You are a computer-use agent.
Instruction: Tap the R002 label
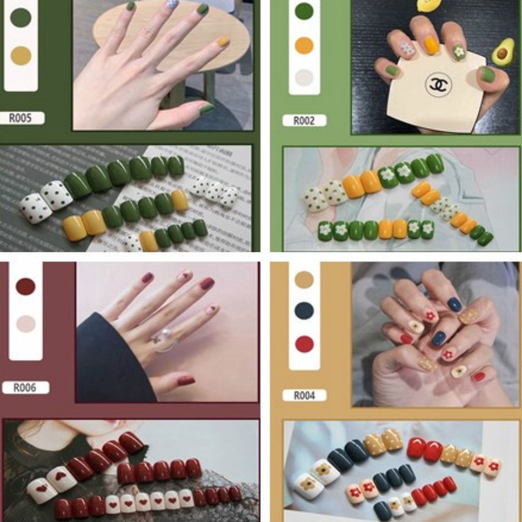coord(304,121)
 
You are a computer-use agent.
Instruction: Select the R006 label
coord(25,388)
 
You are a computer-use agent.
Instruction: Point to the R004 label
coord(304,395)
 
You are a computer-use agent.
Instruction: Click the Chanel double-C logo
coord(438,85)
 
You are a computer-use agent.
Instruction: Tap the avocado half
coord(502,52)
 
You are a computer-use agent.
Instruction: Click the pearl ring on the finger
coord(165,339)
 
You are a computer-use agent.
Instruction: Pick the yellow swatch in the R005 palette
coord(21,55)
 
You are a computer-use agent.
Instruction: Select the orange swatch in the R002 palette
coord(304,45)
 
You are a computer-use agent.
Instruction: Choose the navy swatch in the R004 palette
coord(304,311)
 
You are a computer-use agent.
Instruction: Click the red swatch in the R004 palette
coord(304,344)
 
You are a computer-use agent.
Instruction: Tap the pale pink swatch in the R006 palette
coord(25,324)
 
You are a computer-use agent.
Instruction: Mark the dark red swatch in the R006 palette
coord(25,286)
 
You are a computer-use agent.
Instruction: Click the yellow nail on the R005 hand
coord(223,42)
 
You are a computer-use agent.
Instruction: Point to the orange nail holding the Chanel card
coord(431,46)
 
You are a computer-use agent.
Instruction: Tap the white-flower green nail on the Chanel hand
coord(459,52)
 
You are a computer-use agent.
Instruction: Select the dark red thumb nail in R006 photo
coord(186,380)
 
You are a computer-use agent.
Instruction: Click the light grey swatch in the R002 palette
coord(304,77)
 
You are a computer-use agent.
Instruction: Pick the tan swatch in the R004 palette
coord(304,279)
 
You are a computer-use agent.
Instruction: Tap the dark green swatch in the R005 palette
coord(21,18)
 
